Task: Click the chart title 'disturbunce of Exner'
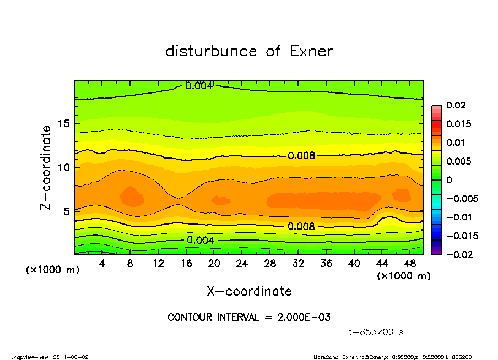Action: tap(249, 51)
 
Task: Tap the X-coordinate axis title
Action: tap(249, 291)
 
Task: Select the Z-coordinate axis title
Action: tap(46, 167)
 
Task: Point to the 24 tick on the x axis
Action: tap(242, 264)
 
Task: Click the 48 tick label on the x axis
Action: tap(410, 264)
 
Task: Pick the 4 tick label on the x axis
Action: tap(102, 264)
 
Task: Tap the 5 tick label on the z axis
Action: tap(66, 211)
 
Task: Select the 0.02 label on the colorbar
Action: tap(456, 105)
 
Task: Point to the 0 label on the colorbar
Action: tap(449, 180)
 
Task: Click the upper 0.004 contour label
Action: tap(198, 86)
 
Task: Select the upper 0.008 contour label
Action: tap(301, 156)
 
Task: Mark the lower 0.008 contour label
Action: tap(301, 226)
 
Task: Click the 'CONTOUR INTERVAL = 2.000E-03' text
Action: tap(249, 318)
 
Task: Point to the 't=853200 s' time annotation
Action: tap(376, 332)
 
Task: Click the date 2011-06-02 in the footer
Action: tap(71, 357)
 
